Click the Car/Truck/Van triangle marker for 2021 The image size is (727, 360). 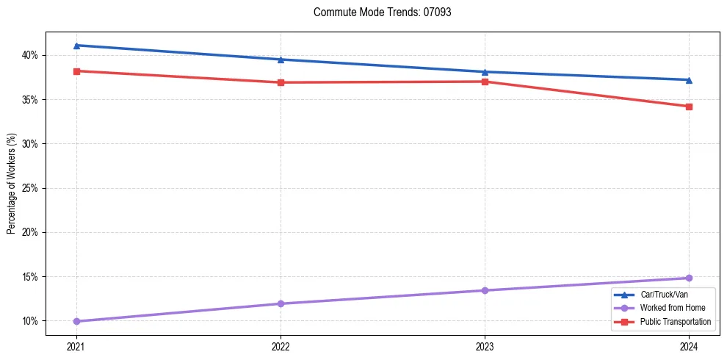tap(76, 46)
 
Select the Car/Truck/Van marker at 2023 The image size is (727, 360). tap(485, 72)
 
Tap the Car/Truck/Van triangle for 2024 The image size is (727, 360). tap(689, 80)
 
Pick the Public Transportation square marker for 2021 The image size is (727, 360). tap(76, 71)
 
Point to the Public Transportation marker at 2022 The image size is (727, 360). tap(281, 82)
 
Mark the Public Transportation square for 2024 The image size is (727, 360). tap(689, 107)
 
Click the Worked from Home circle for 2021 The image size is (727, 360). tap(76, 321)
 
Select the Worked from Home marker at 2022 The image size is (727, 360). tap(281, 303)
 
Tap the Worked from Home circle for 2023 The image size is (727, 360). tap(485, 290)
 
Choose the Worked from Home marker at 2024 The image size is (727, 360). tap(689, 278)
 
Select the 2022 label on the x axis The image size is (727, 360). tap(281, 346)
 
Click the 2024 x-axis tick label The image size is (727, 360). tap(689, 346)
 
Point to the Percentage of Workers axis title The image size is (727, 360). tap(12, 184)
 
